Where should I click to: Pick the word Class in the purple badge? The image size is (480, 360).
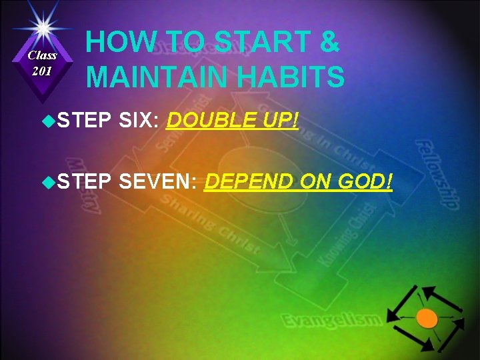[42, 55]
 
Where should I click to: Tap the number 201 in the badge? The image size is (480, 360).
[42, 71]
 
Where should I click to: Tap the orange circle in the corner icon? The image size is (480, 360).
[427, 319]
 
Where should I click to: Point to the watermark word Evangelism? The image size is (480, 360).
[332, 321]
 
